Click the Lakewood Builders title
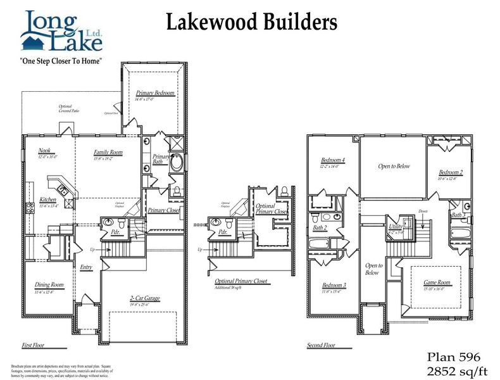pos(251,23)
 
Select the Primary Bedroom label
pos(154,93)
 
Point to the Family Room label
pos(108,153)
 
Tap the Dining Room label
pos(49,285)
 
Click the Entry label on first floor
pos(86,267)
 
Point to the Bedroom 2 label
pos(451,172)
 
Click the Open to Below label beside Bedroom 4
pos(394,166)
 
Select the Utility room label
pos(396,226)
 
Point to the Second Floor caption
pos(322,346)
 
